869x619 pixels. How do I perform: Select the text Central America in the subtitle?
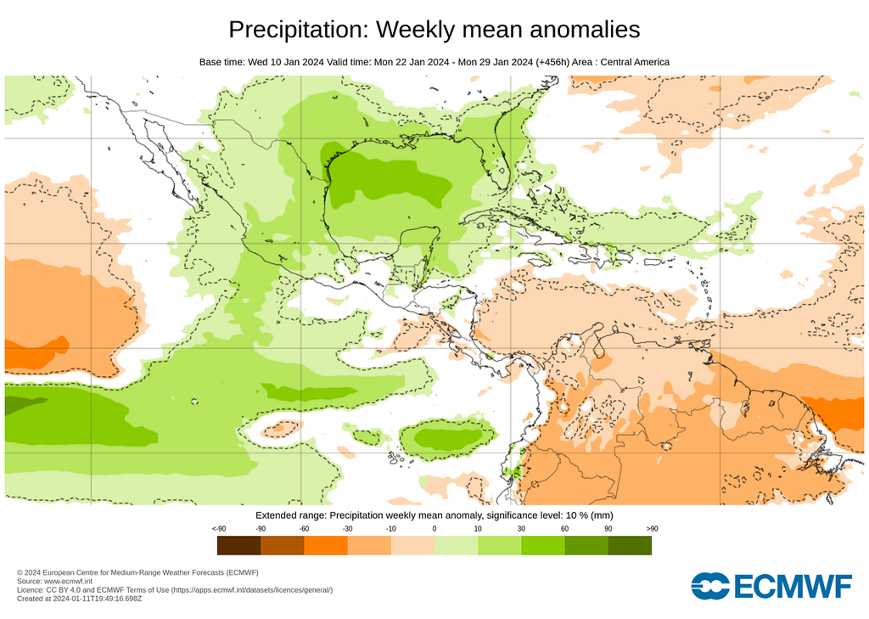coord(635,62)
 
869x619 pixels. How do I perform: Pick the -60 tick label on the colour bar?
coord(303,529)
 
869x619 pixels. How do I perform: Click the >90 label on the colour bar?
coord(652,529)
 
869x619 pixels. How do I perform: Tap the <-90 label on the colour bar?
coord(218,529)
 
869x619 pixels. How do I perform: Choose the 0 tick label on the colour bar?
coord(434,529)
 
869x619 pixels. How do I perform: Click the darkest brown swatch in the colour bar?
coord(238,545)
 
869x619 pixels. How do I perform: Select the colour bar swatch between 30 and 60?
coord(543,545)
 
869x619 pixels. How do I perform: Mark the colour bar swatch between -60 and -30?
coord(325,545)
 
